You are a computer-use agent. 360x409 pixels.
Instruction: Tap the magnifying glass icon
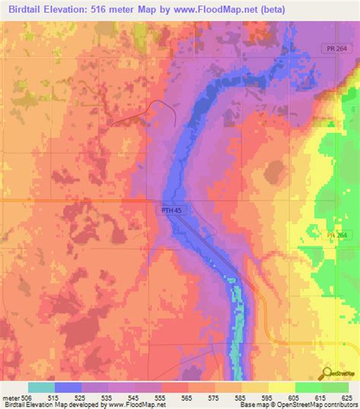[x=328, y=373]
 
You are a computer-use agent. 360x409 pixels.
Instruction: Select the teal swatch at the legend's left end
[x=39, y=387]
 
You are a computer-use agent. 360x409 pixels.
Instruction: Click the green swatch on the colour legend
[x=308, y=387]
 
